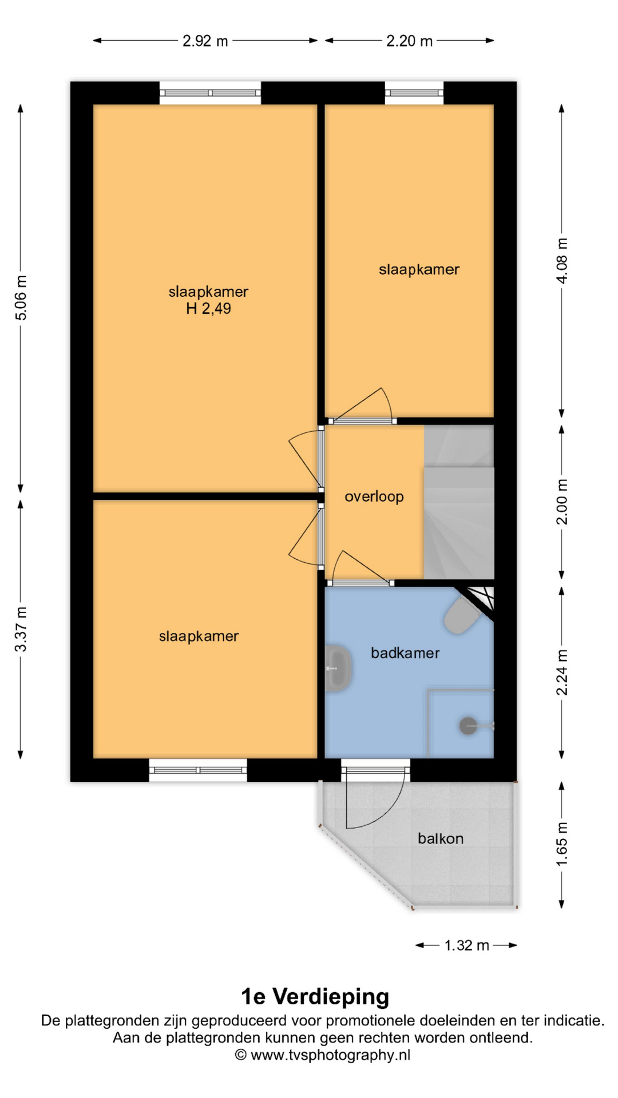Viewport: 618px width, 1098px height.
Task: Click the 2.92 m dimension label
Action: (x=205, y=41)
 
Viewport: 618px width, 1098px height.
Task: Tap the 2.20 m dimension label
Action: (x=409, y=41)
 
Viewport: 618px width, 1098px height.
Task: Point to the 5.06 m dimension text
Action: (x=21, y=297)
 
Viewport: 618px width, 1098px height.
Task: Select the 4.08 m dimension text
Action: (x=562, y=261)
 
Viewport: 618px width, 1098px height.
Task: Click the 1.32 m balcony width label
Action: (x=466, y=945)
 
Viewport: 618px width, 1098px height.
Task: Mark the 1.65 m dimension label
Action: (x=562, y=844)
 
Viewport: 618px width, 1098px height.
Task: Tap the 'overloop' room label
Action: (x=374, y=496)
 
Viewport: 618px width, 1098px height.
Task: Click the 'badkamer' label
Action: (x=405, y=653)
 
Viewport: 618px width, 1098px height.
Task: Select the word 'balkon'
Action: (x=441, y=838)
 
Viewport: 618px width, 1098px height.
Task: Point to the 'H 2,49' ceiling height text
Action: (x=208, y=309)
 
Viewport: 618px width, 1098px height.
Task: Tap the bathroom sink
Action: (x=338, y=668)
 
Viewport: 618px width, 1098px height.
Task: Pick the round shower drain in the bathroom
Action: (x=468, y=726)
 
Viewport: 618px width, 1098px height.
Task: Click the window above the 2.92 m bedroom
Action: (x=210, y=93)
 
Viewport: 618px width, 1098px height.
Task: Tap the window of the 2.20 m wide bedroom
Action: (x=414, y=93)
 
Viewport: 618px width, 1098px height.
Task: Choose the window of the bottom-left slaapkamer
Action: (x=198, y=770)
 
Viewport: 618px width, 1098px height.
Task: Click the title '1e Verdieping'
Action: (x=315, y=996)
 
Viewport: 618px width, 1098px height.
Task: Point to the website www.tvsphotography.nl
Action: (x=331, y=1055)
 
